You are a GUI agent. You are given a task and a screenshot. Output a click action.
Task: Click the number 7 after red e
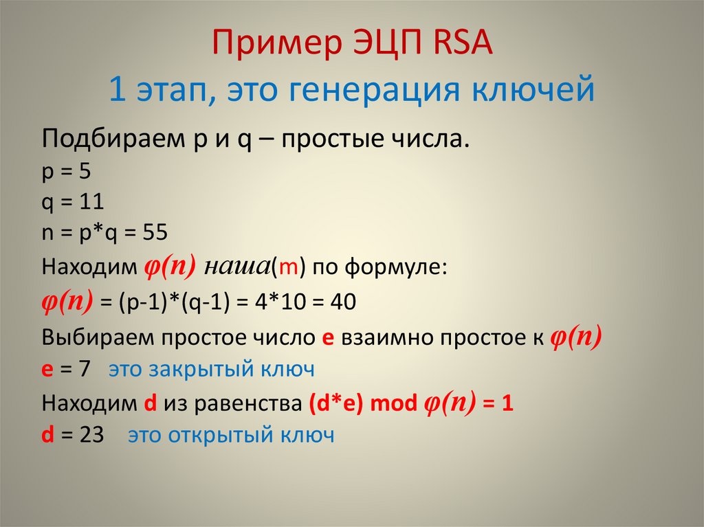click(x=85, y=369)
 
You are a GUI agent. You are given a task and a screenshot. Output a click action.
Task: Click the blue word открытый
click(x=222, y=435)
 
